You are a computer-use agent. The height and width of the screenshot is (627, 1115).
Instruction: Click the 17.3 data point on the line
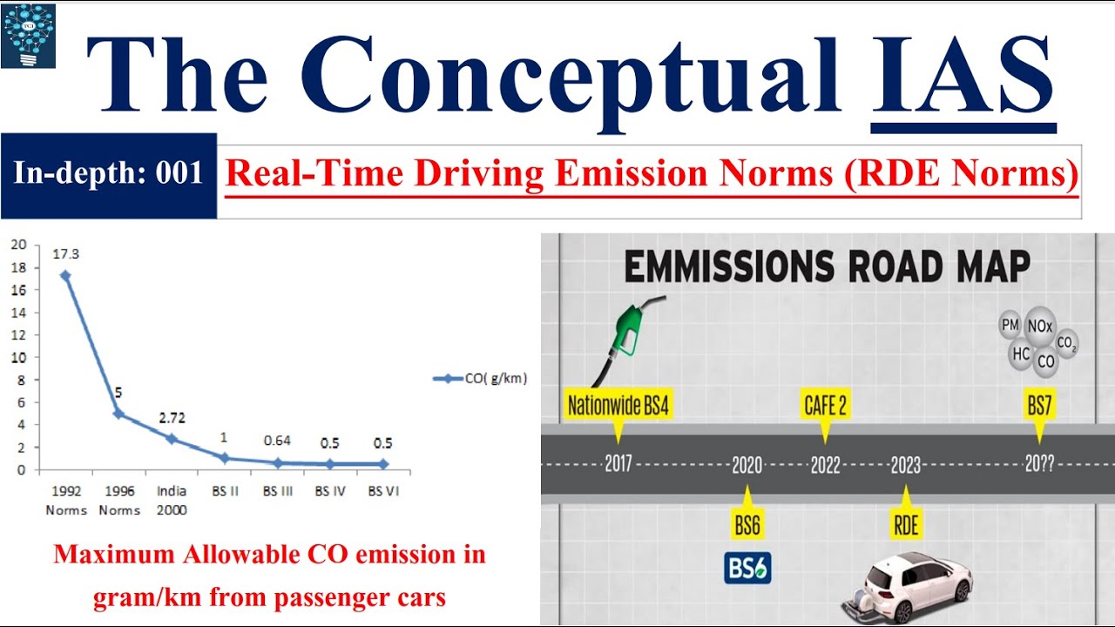point(65,275)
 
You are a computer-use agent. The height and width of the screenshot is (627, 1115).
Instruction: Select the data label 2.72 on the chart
point(172,418)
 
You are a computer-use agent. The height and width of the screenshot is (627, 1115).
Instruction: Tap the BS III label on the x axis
point(278,491)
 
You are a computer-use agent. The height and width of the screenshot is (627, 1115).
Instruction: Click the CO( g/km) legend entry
point(480,379)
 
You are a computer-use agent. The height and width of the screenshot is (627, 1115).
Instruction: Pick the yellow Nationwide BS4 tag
point(618,406)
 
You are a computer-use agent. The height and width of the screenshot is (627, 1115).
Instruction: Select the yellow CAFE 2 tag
point(824,405)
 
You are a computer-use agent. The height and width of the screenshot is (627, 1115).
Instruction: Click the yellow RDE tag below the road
point(905,524)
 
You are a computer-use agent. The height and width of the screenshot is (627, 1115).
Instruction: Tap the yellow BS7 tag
point(1039,406)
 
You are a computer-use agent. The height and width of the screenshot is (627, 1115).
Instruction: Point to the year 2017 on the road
point(618,464)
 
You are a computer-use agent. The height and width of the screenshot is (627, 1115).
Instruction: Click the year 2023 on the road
point(905,466)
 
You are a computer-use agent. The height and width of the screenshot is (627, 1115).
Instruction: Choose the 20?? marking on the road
point(1039,465)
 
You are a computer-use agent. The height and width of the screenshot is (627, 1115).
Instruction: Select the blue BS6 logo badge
point(747,568)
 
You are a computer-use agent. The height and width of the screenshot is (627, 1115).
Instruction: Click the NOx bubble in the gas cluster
point(1040,327)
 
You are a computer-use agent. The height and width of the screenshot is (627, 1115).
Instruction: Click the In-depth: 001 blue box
point(108,174)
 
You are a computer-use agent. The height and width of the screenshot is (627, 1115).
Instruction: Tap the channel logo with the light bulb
point(29,35)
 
